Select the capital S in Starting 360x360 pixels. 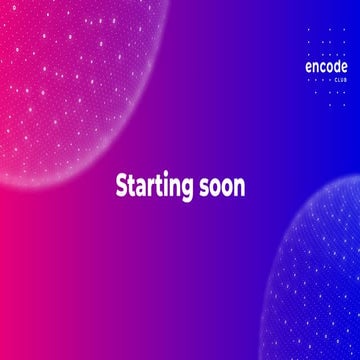[122, 187]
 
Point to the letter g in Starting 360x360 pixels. [189, 190]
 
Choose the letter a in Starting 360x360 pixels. [141, 188]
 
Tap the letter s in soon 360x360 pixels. [205, 188]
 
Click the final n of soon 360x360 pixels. [240, 188]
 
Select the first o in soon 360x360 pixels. [216, 188]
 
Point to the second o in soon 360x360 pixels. [228, 188]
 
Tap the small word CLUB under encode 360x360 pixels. [327, 84]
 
